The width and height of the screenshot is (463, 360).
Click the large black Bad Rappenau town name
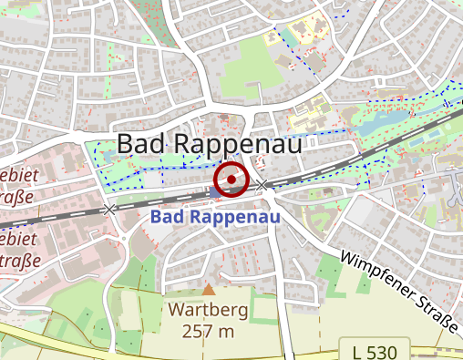coord(209,144)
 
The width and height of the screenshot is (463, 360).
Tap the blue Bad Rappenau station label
coord(214,218)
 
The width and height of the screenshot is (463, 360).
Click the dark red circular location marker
coord(232,180)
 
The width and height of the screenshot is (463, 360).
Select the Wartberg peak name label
coord(209,311)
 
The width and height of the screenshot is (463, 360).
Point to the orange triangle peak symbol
coord(209,290)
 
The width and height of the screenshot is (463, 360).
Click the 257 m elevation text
coord(209,331)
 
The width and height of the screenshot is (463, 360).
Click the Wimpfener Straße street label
coord(398,291)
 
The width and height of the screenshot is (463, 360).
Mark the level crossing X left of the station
coord(110,210)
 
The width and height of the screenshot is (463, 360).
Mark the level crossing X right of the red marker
coord(263,186)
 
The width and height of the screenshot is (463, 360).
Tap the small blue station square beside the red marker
coord(214,192)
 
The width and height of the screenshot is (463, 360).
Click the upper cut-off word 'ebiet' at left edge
coord(16,174)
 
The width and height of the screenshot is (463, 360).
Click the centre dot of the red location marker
coord(232,180)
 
